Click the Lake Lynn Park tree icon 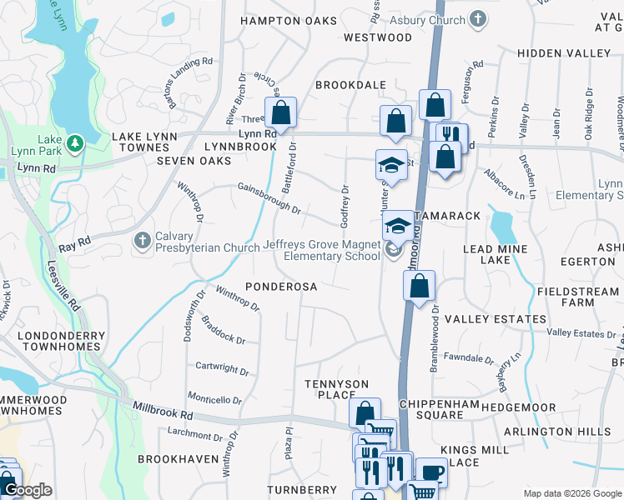[x=76, y=143]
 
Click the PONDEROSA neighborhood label [x=282, y=287]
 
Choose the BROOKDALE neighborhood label [x=351, y=85]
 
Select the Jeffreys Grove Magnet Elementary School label [x=320, y=250]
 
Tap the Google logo [x=28, y=491]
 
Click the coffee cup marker [x=431, y=472]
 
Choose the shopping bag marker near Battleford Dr [x=281, y=112]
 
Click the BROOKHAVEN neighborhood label [x=172, y=459]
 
